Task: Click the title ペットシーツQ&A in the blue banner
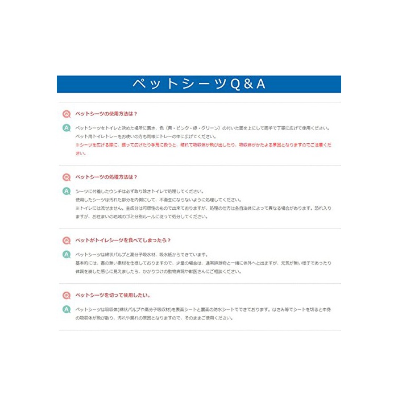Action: coord(199,84)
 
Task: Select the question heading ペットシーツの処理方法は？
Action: coord(106,177)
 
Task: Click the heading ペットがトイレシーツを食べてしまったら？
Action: coord(123,240)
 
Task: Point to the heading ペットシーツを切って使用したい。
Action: coord(113,295)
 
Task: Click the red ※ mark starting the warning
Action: coord(77,145)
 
